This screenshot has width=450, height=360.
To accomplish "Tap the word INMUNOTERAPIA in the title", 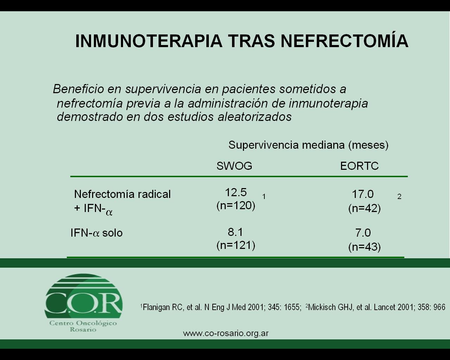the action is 148,41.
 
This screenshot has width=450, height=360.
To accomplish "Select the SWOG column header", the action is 234,166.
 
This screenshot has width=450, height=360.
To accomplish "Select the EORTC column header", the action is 359,166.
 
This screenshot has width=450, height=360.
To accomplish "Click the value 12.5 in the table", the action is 236,192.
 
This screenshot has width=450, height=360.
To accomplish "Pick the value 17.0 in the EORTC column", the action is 362,194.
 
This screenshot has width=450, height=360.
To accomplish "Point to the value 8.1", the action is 235,232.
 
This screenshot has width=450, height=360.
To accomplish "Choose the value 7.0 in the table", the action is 363,233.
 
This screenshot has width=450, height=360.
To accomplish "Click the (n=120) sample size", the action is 236,206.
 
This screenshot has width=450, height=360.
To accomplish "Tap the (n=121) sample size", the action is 236,245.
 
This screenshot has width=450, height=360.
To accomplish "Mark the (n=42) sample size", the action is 365,208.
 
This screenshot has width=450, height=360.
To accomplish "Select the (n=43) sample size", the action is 365,247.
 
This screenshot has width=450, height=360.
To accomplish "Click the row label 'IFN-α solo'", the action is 97,233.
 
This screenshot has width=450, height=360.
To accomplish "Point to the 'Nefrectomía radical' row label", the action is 122,194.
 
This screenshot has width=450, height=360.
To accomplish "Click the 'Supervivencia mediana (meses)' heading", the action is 308,145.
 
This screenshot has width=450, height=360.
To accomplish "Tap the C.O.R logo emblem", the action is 83,297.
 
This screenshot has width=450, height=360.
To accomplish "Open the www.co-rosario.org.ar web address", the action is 226,333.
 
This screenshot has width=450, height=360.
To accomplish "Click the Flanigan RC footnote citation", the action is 221,307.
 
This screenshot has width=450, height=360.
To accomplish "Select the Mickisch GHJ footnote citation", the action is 375,307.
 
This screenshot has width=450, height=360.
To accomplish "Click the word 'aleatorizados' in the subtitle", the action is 255,117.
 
